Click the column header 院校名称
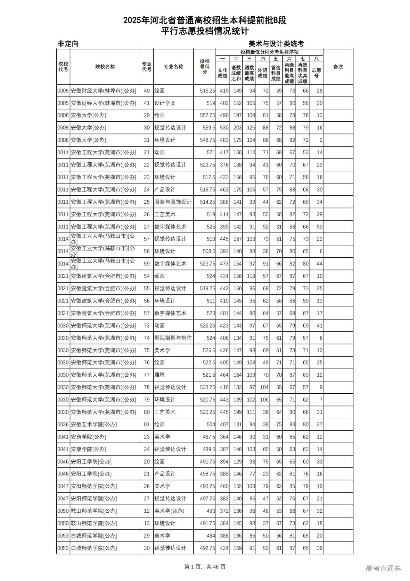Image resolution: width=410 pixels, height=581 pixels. (105, 67)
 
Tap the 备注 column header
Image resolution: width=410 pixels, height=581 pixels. (338, 67)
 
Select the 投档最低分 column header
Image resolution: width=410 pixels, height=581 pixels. (204, 67)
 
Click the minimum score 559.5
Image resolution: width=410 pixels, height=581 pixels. (209, 128)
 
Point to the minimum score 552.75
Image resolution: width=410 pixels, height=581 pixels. (207, 115)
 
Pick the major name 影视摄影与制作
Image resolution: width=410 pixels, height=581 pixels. (173, 338)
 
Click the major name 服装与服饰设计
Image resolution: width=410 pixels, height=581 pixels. (173, 202)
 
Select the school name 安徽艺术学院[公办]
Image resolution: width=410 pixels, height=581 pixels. (94, 424)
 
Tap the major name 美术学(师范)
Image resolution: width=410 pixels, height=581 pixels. (169, 511)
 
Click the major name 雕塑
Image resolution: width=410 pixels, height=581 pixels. (160, 375)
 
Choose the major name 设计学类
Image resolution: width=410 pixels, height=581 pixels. (165, 103)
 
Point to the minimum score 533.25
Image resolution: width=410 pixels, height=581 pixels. (207, 387)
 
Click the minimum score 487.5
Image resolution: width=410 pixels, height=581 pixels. (209, 437)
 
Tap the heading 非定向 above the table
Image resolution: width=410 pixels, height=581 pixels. (68, 44)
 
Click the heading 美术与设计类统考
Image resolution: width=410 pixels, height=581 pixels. (276, 44)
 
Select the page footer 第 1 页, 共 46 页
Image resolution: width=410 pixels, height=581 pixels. (205, 567)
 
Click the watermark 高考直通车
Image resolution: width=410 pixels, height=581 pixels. (383, 568)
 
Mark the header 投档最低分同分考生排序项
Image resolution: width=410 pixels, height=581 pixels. (269, 52)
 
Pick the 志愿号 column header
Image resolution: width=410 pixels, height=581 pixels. (316, 73)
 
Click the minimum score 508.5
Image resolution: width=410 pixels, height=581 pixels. (209, 251)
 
